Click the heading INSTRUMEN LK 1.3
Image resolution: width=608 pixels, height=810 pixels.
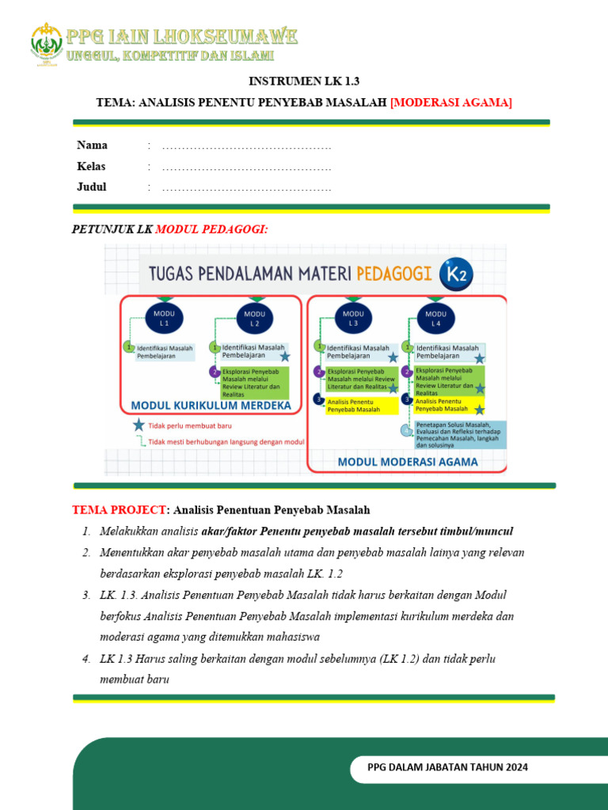pyautogui.click(x=298, y=81)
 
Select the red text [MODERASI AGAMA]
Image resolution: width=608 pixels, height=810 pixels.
pyautogui.click(x=451, y=102)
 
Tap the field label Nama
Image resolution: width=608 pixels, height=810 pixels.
pyautogui.click(x=92, y=146)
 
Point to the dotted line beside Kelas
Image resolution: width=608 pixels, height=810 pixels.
pyautogui.click(x=246, y=168)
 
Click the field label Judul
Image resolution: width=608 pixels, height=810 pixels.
pyautogui.click(x=91, y=187)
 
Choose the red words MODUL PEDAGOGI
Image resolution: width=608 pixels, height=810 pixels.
pyautogui.click(x=211, y=229)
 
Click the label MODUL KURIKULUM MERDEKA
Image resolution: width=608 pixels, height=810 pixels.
pyautogui.click(x=211, y=406)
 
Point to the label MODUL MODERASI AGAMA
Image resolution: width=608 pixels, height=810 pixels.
pyautogui.click(x=408, y=462)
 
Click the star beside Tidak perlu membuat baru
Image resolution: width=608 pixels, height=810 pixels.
pyautogui.click(x=139, y=425)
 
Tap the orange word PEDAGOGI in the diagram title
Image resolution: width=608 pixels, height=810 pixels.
pyautogui.click(x=395, y=274)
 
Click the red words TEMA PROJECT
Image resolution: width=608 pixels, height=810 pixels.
pyautogui.click(x=120, y=510)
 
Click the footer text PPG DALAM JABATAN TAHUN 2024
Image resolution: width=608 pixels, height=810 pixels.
pyautogui.click(x=448, y=767)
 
